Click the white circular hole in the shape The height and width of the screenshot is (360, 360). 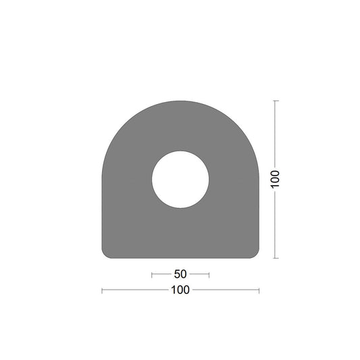tap(180, 179)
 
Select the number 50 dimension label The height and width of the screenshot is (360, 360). tap(180, 274)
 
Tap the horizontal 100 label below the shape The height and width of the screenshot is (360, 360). tap(180, 290)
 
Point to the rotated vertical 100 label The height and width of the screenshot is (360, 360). tap(275, 179)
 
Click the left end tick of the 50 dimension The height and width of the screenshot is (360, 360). tap(152, 274)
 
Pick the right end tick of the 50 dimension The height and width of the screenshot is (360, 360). tap(209, 274)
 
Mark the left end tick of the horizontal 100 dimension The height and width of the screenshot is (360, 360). tap(102, 290)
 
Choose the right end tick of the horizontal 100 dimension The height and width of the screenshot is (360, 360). tap(259, 290)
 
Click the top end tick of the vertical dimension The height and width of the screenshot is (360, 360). tap(275, 101)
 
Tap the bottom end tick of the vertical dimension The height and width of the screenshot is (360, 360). tap(275, 257)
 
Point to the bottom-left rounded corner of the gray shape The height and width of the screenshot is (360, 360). tap(105, 254)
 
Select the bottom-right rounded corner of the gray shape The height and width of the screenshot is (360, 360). tap(255, 254)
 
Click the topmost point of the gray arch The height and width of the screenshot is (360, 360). tap(180, 101)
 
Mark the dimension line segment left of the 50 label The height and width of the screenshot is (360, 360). tap(162, 274)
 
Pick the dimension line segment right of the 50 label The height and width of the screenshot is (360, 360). tap(199, 274)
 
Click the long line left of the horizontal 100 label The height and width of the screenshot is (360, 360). tap(135, 290)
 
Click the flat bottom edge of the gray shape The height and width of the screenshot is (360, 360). tap(180, 257)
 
